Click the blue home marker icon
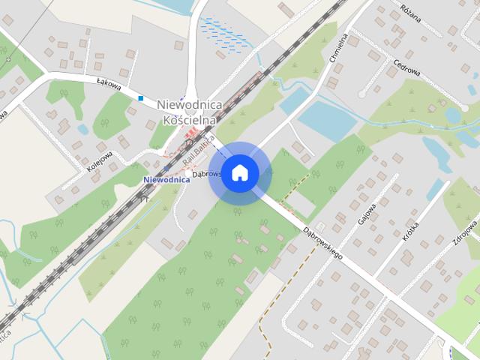coord(239,172)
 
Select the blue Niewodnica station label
coord(165,180)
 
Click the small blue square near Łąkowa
coord(140,97)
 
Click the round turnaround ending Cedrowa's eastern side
coord(363,93)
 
